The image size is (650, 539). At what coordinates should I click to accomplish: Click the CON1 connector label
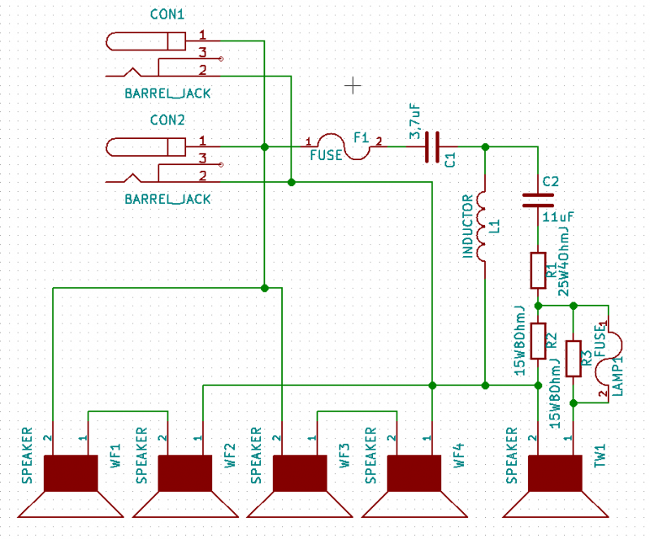tap(167, 15)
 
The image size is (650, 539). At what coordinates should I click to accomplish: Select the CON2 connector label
tap(167, 120)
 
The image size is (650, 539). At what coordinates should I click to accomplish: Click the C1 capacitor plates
tap(432, 147)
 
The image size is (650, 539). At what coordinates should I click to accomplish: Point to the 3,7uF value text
tap(415, 122)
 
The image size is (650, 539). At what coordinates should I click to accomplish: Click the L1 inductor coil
tap(481, 226)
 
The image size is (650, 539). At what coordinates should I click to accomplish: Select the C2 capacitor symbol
tap(538, 201)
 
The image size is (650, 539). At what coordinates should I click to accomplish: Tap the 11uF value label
tap(558, 216)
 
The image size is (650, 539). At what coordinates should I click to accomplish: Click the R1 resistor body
tap(538, 271)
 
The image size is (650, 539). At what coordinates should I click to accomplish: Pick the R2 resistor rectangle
tap(538, 341)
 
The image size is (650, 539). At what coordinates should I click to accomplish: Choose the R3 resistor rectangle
tap(574, 359)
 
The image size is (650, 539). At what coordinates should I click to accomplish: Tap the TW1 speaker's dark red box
tap(556, 473)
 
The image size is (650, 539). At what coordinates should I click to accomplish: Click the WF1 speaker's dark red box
tap(71, 473)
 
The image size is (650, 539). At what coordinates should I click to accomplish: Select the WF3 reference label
tap(344, 455)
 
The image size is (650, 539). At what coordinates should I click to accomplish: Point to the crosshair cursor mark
tap(353, 86)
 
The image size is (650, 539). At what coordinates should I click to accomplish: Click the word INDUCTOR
tap(468, 227)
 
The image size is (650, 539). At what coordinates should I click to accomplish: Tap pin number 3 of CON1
tap(202, 53)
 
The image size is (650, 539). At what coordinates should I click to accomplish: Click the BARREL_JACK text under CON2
tap(167, 199)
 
